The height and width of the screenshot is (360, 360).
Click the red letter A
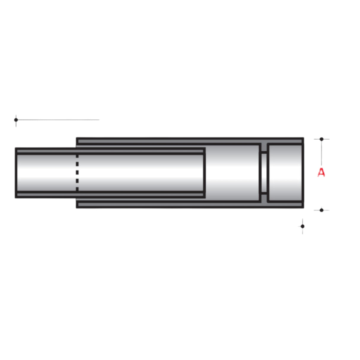[321, 172]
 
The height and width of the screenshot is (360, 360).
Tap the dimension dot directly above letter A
[321, 139]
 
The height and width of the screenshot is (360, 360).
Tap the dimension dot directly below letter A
[321, 210]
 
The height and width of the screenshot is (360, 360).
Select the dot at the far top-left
[16, 120]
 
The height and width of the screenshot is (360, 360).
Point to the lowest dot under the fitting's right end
[302, 226]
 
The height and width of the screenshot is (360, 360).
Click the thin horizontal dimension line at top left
[59, 120]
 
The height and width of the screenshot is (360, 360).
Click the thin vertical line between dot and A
[321, 153]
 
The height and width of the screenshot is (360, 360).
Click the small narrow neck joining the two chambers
[264, 173]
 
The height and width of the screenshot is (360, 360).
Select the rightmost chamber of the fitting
[285, 173]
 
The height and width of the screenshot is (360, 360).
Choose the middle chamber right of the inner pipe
[231, 173]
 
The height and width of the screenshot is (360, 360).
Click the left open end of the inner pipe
[16, 173]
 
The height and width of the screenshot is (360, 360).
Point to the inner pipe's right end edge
[204, 173]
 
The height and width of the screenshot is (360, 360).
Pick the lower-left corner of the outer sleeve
[77, 207]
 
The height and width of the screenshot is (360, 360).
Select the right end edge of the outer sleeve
[302, 173]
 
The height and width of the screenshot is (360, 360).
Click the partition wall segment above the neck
[264, 147]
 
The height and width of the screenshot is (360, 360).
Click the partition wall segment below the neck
[264, 198]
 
